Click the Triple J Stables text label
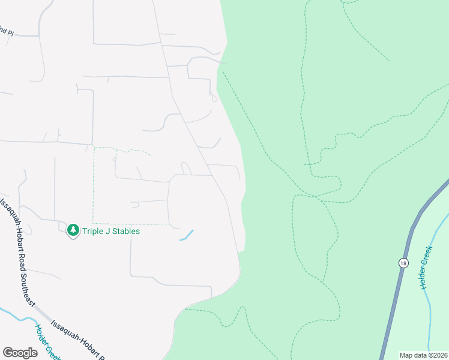click(111, 231)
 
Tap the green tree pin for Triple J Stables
click(73, 230)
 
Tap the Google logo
click(20, 353)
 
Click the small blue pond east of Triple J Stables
click(187, 235)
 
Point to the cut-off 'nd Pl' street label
click(7, 32)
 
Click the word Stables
click(126, 231)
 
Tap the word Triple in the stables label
click(92, 231)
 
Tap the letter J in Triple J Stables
click(107, 231)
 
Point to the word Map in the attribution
click(406, 355)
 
